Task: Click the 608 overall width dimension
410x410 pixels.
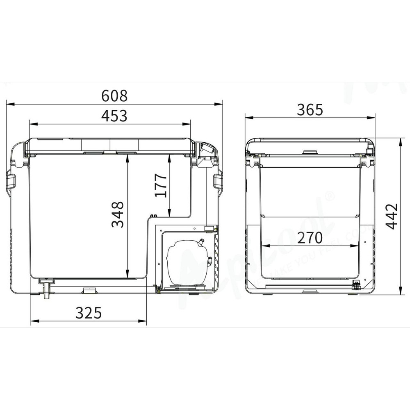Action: point(114,96)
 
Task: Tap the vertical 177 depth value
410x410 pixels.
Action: point(161,185)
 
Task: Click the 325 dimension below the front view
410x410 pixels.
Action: point(88,313)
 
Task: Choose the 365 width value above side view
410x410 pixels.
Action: point(310,109)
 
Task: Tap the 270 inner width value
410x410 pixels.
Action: point(310,237)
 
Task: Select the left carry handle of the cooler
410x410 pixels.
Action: point(10,182)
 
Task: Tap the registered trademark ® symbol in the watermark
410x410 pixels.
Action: point(329,196)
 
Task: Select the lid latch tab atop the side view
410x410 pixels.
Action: point(310,153)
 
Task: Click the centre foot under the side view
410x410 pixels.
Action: point(310,292)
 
